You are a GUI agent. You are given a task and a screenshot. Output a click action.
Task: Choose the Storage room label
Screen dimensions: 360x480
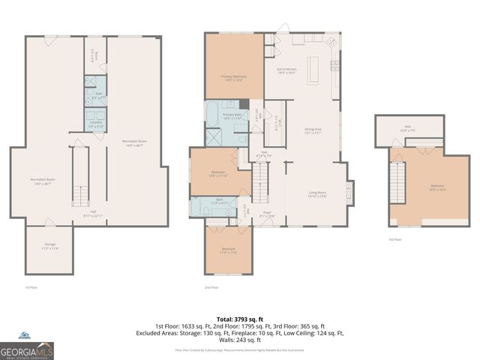tap(48, 245)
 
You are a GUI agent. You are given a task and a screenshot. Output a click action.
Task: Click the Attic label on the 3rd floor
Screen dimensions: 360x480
tap(409, 128)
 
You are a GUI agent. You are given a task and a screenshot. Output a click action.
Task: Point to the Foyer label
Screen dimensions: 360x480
tap(266, 214)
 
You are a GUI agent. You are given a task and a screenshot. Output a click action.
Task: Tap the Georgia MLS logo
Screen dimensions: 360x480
tap(27, 349)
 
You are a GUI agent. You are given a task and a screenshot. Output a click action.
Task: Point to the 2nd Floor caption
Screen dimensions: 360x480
tap(211, 287)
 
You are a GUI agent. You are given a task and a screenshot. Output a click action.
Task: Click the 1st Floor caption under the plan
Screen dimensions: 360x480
tap(31, 287)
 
